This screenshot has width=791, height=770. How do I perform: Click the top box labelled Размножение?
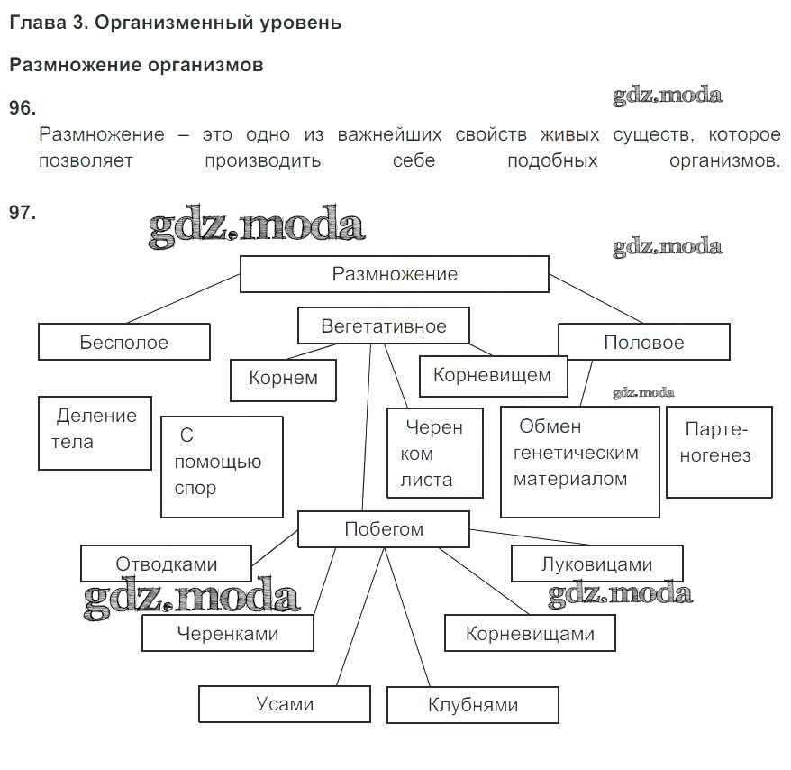pyautogui.click(x=394, y=274)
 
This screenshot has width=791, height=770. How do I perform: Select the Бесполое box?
pyautogui.click(x=123, y=343)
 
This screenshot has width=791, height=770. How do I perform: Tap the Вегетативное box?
pyautogui.click(x=383, y=326)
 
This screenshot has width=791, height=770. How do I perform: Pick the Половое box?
pyautogui.click(x=643, y=343)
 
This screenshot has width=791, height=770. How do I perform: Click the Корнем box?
pyautogui.click(x=283, y=379)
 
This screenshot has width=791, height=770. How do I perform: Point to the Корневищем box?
pyautogui.click(x=493, y=375)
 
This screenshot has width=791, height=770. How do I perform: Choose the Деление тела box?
pyautogui.click(x=95, y=432)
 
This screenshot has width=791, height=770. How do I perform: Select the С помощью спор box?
pyautogui.click(x=222, y=466)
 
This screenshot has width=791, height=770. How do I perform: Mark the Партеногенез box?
pyautogui.click(x=718, y=451)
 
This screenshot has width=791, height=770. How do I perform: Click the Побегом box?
pyautogui.click(x=383, y=529)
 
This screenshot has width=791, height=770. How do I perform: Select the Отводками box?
pyautogui.click(x=166, y=564)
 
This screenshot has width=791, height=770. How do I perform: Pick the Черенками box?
pyautogui.click(x=227, y=633)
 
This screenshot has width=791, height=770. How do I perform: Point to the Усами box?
pyautogui.click(x=284, y=704)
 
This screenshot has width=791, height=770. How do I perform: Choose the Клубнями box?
pyautogui.click(x=472, y=705)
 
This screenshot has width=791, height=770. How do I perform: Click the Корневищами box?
pyautogui.click(x=530, y=633)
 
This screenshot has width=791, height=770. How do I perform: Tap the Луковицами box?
pyautogui.click(x=596, y=564)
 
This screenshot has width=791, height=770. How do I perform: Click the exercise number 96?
pyautogui.click(x=22, y=108)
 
